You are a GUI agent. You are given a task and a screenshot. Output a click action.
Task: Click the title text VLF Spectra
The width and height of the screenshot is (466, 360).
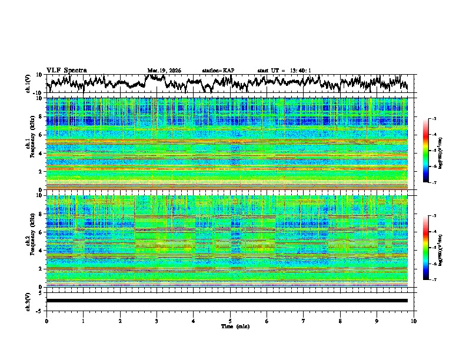click(x=66, y=70)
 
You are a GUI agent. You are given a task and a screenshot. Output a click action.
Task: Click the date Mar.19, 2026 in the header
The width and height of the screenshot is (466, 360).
click(x=164, y=71)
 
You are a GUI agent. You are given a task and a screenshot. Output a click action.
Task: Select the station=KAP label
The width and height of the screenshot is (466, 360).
click(x=218, y=71)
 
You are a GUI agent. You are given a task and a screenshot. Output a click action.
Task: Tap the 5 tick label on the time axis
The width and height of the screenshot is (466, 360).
click(x=230, y=321)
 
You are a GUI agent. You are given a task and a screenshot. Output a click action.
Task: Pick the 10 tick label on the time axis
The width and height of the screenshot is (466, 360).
click(x=414, y=321)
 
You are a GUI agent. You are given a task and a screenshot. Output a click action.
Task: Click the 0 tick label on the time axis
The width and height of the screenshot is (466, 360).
click(x=46, y=321)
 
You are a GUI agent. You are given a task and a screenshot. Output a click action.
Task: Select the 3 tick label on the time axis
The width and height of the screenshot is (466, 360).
click(x=157, y=321)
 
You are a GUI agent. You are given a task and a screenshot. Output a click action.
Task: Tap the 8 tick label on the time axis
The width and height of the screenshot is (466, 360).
click(x=340, y=321)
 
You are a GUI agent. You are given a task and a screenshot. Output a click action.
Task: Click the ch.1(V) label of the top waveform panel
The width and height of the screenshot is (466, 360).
click(x=28, y=84)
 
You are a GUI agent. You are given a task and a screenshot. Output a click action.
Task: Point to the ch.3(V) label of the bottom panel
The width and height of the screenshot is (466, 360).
click(x=28, y=301)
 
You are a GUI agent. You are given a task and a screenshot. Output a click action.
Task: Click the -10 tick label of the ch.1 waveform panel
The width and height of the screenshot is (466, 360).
click(x=37, y=93)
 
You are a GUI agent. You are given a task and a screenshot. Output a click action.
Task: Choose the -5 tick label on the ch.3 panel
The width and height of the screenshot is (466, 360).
click(x=38, y=310)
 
